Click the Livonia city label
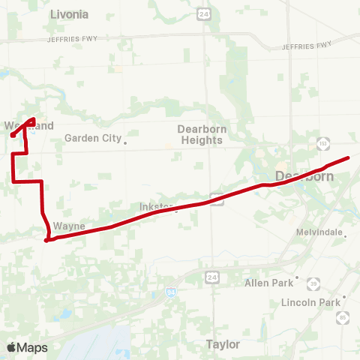69,14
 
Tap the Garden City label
92,138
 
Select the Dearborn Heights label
202,134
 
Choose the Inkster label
156,206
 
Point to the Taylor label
223,344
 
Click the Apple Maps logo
26,347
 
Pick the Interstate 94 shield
172,291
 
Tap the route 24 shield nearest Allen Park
211,278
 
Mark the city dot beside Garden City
125,142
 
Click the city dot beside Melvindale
345,235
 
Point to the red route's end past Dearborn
349,157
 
